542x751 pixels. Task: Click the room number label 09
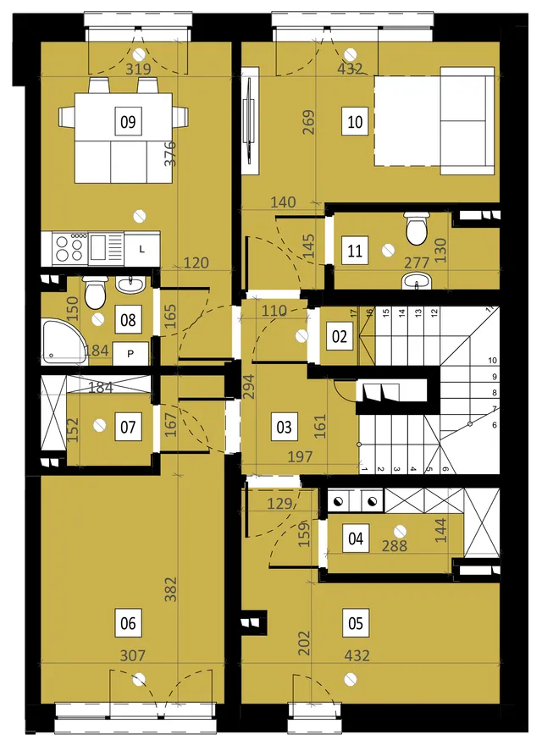[128, 122]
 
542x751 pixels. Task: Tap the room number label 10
[355, 122]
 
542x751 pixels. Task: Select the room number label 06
[128, 623]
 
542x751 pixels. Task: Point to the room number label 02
[340, 336]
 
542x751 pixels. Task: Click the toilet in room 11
[416, 228]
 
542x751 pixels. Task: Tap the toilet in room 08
[95, 293]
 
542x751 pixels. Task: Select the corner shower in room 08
[64, 341]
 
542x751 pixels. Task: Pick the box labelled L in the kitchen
[141, 249]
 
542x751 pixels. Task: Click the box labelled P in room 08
[130, 354]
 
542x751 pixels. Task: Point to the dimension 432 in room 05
[357, 655]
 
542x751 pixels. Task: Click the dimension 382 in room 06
[170, 588]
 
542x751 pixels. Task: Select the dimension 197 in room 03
[300, 456]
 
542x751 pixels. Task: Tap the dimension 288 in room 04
[395, 545]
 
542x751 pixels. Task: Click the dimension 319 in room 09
[139, 69]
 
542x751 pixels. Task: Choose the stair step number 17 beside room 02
[354, 313]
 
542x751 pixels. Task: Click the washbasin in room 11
[416, 281]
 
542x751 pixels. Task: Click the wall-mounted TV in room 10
[250, 122]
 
